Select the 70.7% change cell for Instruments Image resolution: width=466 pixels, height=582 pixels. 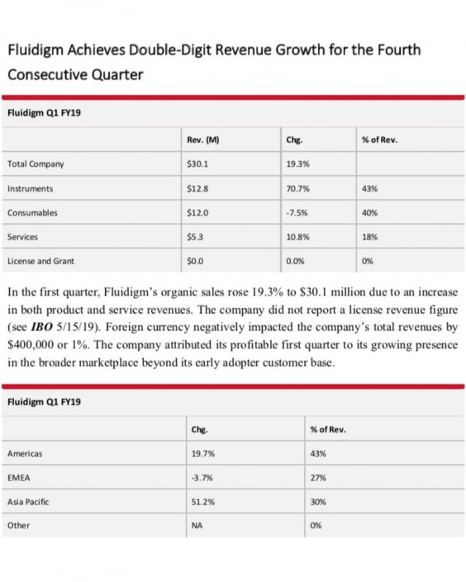pyautogui.click(x=297, y=189)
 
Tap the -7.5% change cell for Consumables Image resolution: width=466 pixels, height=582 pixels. pyautogui.click(x=296, y=213)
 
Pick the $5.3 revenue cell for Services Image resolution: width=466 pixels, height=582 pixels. pyautogui.click(x=195, y=237)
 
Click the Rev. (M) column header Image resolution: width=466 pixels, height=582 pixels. pyautogui.click(x=203, y=140)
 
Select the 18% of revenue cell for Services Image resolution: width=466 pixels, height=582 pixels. pyautogui.click(x=369, y=237)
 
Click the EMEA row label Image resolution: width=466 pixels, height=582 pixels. pyautogui.click(x=18, y=477)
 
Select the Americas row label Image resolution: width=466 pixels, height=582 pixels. pyautogui.click(x=25, y=453)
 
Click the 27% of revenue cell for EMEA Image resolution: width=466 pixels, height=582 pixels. pyautogui.click(x=316, y=477)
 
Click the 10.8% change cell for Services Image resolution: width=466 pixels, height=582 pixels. pyautogui.click(x=297, y=237)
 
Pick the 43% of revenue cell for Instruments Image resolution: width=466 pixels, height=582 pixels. pyautogui.click(x=369, y=189)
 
